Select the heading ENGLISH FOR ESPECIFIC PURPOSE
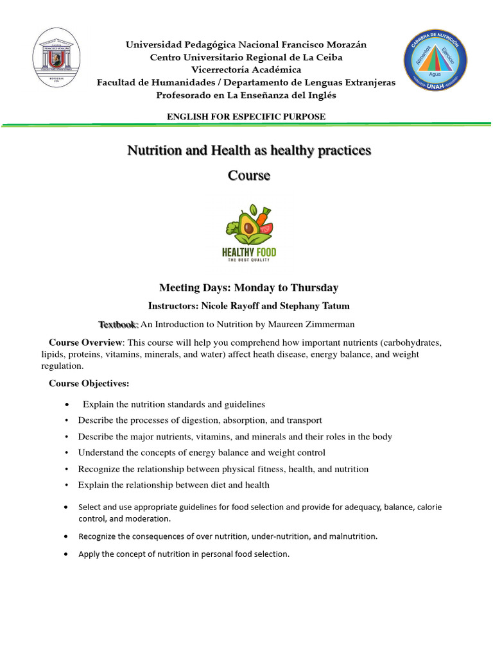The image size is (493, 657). point(246,116)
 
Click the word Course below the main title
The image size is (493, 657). point(249,175)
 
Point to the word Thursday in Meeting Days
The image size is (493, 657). point(314,288)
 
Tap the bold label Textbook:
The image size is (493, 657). point(118,325)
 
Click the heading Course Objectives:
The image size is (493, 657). point(89,384)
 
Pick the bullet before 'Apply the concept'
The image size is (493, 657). point(67,554)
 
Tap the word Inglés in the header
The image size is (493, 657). point(320,95)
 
